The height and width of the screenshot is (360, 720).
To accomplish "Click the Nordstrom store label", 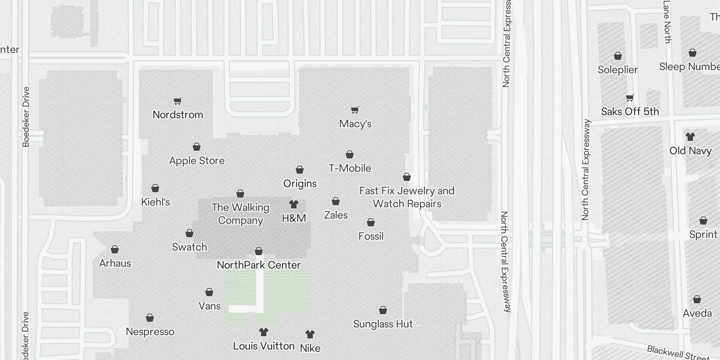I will tap(178, 115).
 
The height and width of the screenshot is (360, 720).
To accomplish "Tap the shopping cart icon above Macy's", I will tap(355, 110).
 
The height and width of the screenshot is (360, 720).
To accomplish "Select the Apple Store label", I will tap(197, 161).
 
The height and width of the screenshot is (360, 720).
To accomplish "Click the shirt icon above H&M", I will tap(294, 204).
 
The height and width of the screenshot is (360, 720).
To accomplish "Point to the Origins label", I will tap(300, 184).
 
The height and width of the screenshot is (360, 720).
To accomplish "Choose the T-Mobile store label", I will tap(350, 168).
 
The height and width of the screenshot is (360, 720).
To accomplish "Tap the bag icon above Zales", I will tap(336, 201).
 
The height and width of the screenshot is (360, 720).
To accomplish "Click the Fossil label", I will tap(371, 236).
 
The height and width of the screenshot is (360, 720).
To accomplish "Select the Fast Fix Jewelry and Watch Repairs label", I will tap(407, 197).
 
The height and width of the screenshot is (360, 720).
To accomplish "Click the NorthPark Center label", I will tap(259, 265).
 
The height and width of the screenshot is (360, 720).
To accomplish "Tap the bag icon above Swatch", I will tap(189, 233).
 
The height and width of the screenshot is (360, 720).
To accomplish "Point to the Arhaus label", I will tap(115, 263).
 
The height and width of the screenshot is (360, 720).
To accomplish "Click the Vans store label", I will tap(210, 306).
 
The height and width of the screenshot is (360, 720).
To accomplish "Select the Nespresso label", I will tap(150, 332).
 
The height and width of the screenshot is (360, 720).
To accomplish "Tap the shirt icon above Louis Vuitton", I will tap(264, 332).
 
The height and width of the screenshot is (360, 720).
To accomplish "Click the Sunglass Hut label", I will tap(383, 324).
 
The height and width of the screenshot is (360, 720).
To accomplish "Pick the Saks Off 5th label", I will tap(630, 112).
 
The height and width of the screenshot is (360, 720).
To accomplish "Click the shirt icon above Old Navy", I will tap(690, 136).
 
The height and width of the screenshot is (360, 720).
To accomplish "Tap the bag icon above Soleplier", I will tap(618, 56).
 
